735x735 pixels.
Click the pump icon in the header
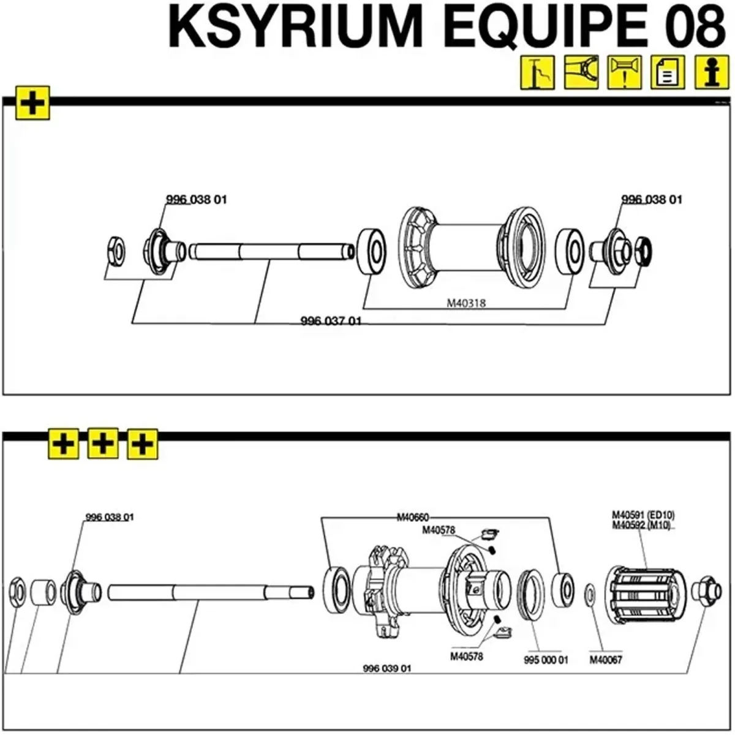pos(537,73)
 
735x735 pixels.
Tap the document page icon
pos(668,73)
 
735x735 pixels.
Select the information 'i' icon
pos(711,73)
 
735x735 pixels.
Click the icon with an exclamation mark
pos(624,73)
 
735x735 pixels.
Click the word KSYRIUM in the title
pos(295,28)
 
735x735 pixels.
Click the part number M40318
pos(466,302)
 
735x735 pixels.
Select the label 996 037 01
pos(330,321)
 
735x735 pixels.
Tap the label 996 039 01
pos(386,668)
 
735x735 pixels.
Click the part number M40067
pos(605,660)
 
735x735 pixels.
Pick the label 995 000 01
pos(546,660)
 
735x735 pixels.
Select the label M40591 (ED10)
pos(643,514)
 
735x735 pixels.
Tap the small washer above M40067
pos(589,593)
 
